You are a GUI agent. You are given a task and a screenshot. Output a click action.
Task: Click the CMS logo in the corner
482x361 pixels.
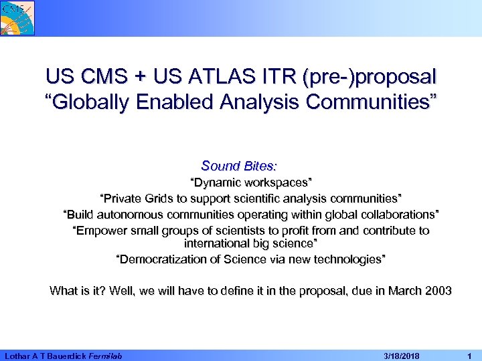point(17,17)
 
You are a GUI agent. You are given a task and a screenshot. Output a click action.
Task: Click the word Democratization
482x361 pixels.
point(160,259)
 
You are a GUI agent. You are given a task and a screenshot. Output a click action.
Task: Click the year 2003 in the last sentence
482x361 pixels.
point(438,291)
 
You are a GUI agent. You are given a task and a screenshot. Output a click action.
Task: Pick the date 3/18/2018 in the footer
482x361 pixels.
point(394,355)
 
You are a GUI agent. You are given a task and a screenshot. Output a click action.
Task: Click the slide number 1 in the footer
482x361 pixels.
point(471,355)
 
